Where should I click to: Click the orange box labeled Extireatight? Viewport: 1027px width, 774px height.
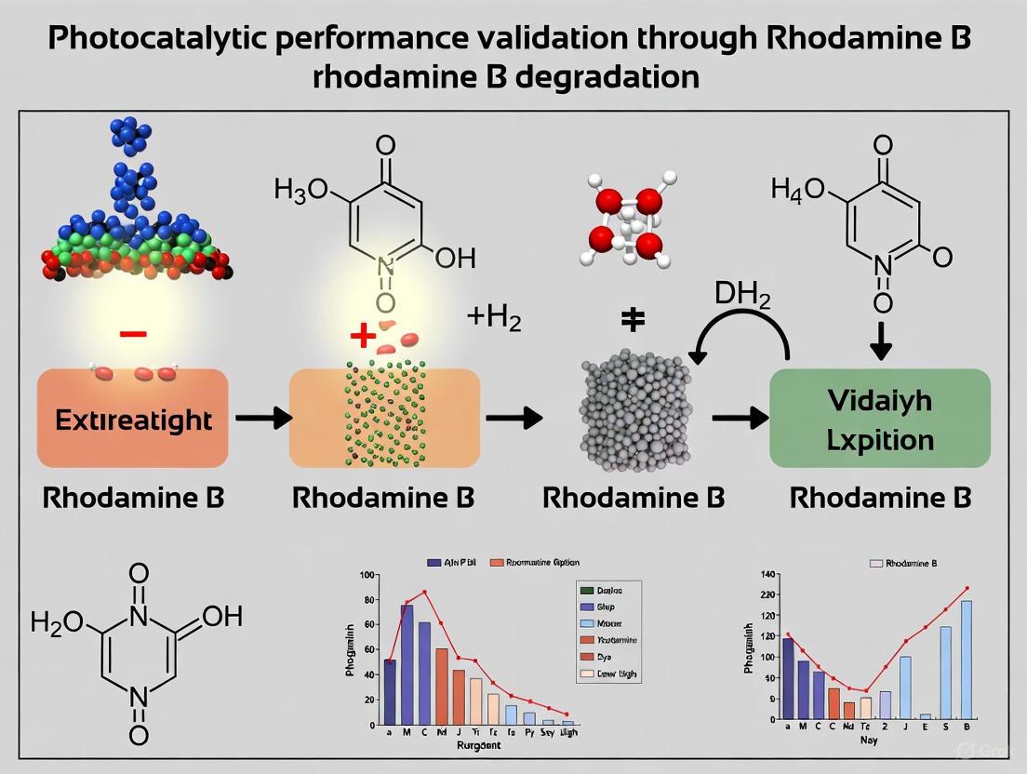[x=132, y=419]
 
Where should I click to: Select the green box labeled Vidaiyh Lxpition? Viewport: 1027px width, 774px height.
[x=880, y=418]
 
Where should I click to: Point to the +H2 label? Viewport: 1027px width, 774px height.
[x=494, y=319]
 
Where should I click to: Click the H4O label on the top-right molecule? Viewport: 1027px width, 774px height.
[x=799, y=190]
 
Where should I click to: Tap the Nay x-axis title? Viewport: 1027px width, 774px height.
[x=869, y=741]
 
